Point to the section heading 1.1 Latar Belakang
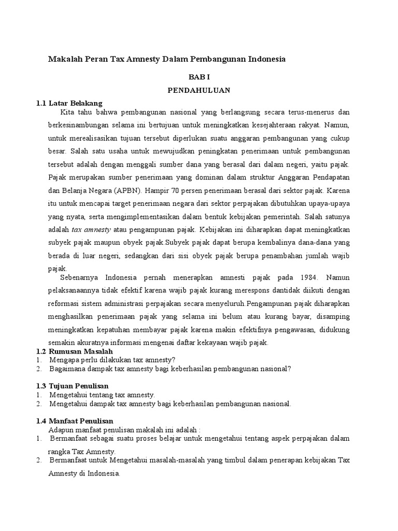coord(69,103)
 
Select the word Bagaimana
coord(68,369)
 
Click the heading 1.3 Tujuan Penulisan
coord(72,386)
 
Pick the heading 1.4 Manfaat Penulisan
coord(75,421)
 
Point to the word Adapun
coord(61,429)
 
